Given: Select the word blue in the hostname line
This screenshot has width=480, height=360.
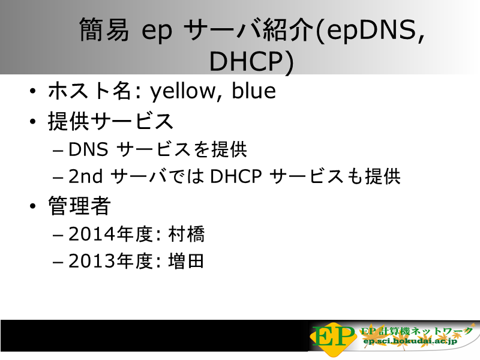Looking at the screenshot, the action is click(x=254, y=91).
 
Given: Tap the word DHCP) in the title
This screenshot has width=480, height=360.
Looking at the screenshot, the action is click(x=251, y=62).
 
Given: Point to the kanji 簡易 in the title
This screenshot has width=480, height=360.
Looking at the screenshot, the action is click(x=104, y=29).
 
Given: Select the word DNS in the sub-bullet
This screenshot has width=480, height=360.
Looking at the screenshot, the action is click(x=88, y=149).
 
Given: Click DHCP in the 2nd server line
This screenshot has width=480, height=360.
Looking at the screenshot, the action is click(x=236, y=176).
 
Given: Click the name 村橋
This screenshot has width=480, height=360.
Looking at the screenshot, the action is click(x=187, y=234).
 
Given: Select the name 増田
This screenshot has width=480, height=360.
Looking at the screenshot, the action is click(x=186, y=261).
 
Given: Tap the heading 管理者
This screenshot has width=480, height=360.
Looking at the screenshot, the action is click(x=79, y=206).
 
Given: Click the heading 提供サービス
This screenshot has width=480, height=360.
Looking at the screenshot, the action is click(x=111, y=121).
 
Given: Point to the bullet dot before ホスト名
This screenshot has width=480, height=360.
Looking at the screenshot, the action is click(x=33, y=91).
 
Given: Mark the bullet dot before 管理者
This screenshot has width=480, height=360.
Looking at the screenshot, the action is click(x=33, y=206).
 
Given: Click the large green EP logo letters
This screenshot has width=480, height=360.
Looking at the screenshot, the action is click(x=333, y=337).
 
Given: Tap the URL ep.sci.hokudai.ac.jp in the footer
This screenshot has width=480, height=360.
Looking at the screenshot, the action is click(x=410, y=340).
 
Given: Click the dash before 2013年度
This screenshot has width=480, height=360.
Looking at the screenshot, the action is click(x=58, y=262).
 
